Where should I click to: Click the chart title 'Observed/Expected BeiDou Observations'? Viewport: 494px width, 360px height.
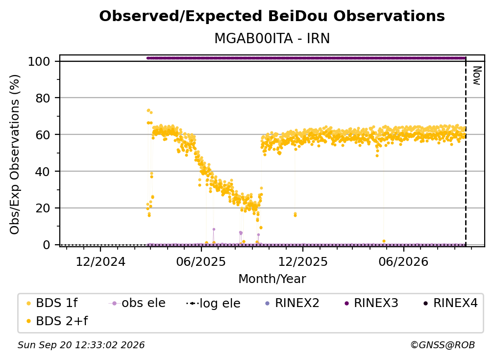pyautogui.click(x=272, y=16)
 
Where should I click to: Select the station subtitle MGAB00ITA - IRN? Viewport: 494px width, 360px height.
pyautogui.click(x=272, y=39)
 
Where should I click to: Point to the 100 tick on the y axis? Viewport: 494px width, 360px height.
pyautogui.click(x=39, y=61)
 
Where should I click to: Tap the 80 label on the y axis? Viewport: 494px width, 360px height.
pyautogui.click(x=43, y=98)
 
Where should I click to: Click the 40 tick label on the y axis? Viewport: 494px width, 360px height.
pyautogui.click(x=43, y=172)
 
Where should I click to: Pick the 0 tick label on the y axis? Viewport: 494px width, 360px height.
pyautogui.click(x=47, y=245)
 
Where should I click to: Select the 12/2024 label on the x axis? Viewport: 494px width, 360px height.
pyautogui.click(x=100, y=262)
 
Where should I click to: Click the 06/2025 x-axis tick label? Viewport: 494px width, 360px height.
pyautogui.click(x=201, y=262)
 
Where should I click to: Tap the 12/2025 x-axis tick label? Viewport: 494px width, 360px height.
pyautogui.click(x=303, y=262)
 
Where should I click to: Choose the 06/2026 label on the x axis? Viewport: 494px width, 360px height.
pyautogui.click(x=404, y=262)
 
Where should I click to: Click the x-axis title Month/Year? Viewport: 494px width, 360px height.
pyautogui.click(x=272, y=279)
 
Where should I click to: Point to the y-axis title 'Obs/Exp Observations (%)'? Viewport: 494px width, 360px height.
pyautogui.click(x=15, y=154)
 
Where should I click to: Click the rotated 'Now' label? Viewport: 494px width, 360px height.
pyautogui.click(x=477, y=76)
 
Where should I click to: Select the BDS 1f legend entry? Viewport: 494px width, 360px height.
pyautogui.click(x=52, y=303)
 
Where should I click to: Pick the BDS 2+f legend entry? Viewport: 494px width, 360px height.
pyautogui.click(x=57, y=321)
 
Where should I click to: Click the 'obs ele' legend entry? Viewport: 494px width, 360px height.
pyautogui.click(x=137, y=303)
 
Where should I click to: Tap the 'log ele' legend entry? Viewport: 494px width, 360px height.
pyautogui.click(x=214, y=304)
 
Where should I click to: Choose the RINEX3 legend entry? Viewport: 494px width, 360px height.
pyautogui.click(x=372, y=303)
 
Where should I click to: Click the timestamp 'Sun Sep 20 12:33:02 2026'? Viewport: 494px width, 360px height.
pyautogui.click(x=81, y=345)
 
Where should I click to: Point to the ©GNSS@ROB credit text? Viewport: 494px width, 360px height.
pyautogui.click(x=443, y=345)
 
